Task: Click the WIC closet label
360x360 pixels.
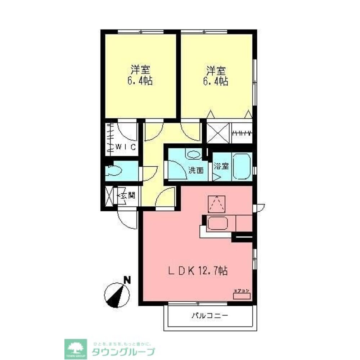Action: point(125,147)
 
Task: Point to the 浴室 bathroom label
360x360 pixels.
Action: point(221,166)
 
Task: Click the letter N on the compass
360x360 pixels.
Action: point(126,279)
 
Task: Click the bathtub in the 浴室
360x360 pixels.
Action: point(242,166)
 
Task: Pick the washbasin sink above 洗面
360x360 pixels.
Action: point(194,155)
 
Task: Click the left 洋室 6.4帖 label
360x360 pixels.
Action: point(140,75)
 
